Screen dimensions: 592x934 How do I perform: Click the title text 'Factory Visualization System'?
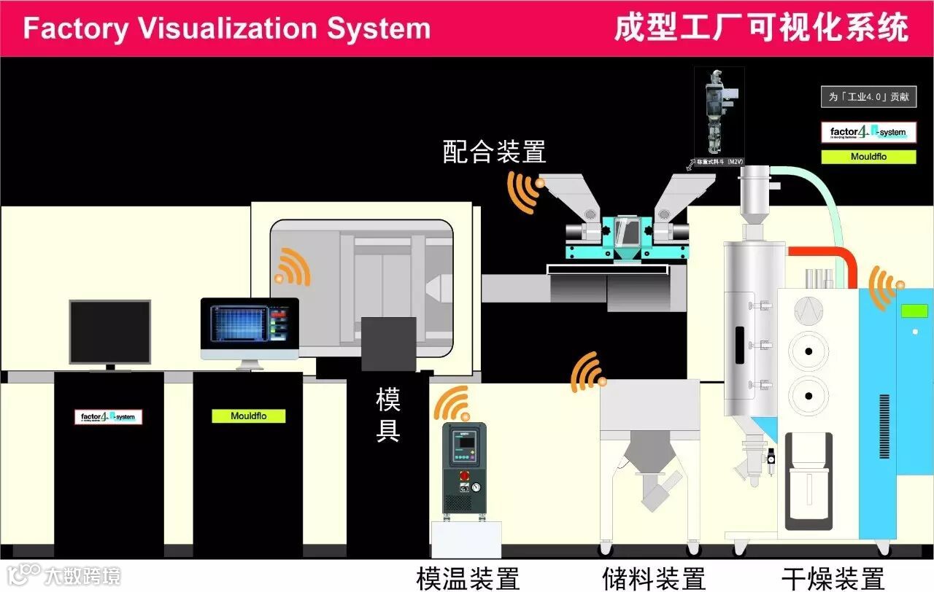point(227,28)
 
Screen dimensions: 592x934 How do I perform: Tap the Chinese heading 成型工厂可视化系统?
point(761,28)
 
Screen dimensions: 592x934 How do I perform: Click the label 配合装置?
point(495,152)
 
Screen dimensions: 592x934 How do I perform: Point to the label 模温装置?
point(468,579)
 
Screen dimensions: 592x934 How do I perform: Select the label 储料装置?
point(654,579)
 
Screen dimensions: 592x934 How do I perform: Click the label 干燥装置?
point(833,579)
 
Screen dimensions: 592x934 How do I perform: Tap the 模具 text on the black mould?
point(388,415)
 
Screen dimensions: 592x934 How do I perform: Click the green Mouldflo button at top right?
point(868,157)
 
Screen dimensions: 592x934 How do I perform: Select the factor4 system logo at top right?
point(868,133)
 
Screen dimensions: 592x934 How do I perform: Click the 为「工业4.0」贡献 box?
point(868,96)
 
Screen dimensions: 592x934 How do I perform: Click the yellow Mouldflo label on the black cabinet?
point(248,416)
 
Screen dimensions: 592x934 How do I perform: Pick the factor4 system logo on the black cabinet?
point(109,417)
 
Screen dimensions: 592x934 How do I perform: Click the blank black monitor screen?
point(109,332)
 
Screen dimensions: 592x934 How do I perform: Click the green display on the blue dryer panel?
point(914,311)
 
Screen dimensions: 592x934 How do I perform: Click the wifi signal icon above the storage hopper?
point(587,373)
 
